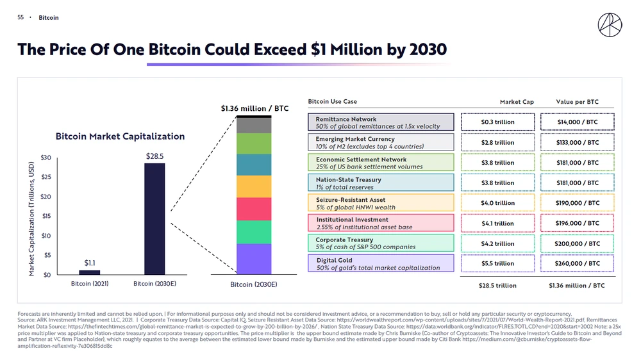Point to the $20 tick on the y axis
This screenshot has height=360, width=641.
(46, 197)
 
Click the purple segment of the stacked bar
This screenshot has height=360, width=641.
(254, 259)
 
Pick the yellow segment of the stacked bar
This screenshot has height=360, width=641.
(254, 186)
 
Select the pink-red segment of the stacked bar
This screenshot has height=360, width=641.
(254, 209)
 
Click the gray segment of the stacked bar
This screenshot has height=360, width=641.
(254, 125)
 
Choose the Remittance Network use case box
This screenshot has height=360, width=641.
(381, 122)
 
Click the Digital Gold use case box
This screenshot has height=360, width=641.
(381, 263)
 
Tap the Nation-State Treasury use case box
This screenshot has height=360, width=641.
(381, 183)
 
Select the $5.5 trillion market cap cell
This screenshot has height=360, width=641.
(497, 263)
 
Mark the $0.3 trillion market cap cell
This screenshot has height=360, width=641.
(497, 122)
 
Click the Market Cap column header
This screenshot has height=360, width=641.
(517, 102)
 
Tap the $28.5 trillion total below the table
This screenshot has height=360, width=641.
(497, 286)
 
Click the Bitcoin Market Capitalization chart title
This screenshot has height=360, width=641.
(120, 136)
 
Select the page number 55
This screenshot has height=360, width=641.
(21, 17)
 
